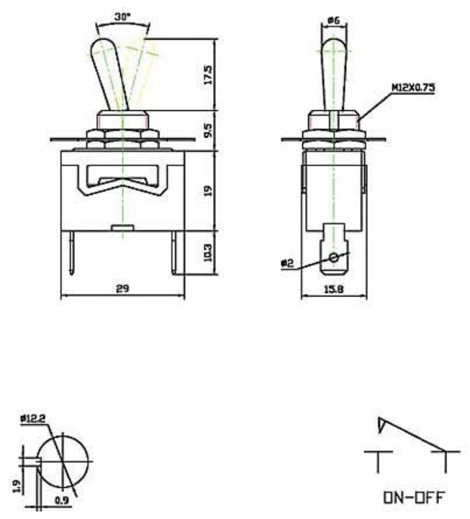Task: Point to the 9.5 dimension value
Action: click(207, 130)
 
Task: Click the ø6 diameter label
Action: click(333, 21)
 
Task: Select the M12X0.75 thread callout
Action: click(413, 88)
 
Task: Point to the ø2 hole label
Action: click(287, 263)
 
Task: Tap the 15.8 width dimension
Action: click(333, 289)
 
